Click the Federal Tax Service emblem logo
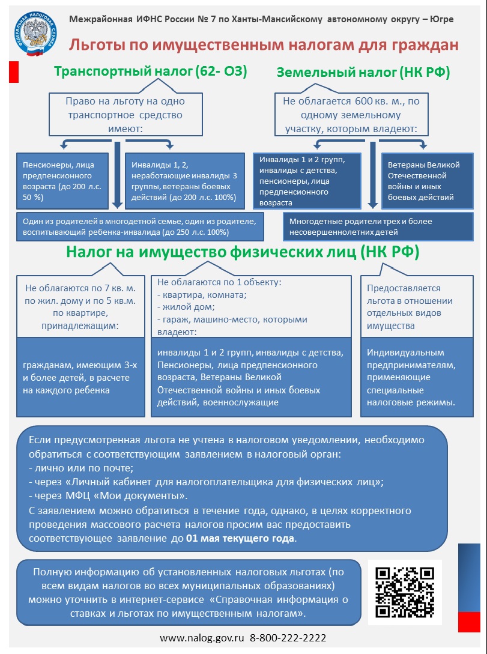coord(34,34)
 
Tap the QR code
coord(405,592)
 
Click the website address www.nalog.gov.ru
coord(202,638)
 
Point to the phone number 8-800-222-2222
coord(288,638)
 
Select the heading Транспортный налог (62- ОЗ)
coord(151,71)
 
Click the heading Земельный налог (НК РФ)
coord(363,73)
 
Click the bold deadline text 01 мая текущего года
coord(240,538)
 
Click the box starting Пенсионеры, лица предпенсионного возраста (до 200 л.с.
coord(62,181)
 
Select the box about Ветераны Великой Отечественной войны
coord(428,181)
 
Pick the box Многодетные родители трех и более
coord(378,226)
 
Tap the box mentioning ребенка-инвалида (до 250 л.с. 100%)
coord(140,226)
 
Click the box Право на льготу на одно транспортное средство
coord(126,114)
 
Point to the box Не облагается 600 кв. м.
coord(351,114)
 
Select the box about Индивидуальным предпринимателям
coord(417,377)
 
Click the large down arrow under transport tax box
coord(118,175)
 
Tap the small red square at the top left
coord(14,71)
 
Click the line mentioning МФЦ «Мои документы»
coord(109,496)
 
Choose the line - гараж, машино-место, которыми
coord(232,320)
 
